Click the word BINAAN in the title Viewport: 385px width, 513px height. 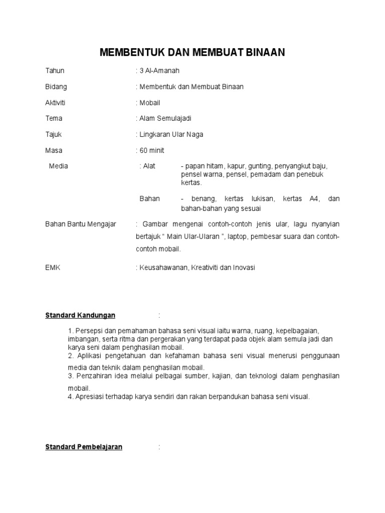point(263,53)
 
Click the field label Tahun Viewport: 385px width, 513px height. point(55,71)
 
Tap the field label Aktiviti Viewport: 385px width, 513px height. point(55,103)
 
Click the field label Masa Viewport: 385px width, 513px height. point(54,150)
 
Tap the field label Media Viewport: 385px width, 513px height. point(58,166)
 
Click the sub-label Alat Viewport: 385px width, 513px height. point(149,166)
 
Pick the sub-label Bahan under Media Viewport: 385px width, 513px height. point(149,198)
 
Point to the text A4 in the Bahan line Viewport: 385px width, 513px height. point(314,198)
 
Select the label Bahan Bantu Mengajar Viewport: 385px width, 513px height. point(81,224)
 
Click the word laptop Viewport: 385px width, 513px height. point(238,236)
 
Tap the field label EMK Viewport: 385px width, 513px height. point(53,268)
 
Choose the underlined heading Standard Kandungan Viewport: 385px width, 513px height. point(80,315)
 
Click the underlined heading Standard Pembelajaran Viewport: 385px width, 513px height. point(84,447)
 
